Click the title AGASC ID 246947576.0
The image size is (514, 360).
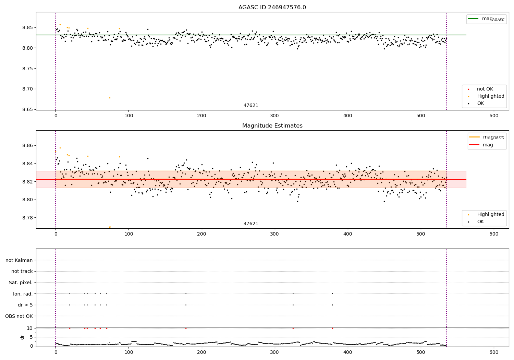click(x=272, y=8)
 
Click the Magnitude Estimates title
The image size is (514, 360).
click(x=272, y=126)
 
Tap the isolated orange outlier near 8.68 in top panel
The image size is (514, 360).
click(x=110, y=98)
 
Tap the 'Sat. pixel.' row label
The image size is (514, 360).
click(x=21, y=283)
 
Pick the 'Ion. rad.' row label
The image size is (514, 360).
click(x=23, y=294)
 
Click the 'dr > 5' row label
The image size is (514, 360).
click(x=25, y=305)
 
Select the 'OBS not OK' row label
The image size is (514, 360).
click(x=19, y=316)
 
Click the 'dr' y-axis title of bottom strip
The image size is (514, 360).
click(x=22, y=337)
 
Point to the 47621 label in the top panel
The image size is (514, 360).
click(x=251, y=106)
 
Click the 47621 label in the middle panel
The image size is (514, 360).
click(x=251, y=224)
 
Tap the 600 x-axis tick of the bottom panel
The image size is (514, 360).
click(x=494, y=352)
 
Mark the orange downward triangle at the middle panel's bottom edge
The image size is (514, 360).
click(x=110, y=227)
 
